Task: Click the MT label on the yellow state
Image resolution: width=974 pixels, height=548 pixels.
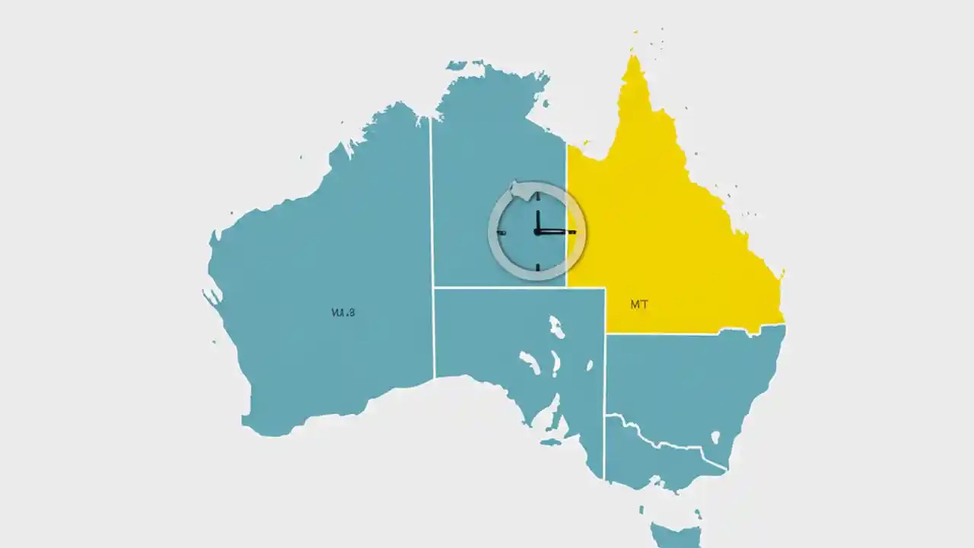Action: pyautogui.click(x=639, y=304)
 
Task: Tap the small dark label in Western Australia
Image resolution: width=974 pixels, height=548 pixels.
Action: pyautogui.click(x=343, y=312)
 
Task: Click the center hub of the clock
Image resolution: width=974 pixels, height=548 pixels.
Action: pyautogui.click(x=537, y=231)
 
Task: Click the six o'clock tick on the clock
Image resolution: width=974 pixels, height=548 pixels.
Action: pyautogui.click(x=537, y=267)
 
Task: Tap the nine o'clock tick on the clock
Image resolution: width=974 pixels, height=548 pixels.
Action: pyautogui.click(x=501, y=231)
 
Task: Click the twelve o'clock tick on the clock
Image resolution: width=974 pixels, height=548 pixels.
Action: pyautogui.click(x=537, y=196)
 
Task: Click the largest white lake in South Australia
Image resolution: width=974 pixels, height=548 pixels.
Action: pyautogui.click(x=557, y=327)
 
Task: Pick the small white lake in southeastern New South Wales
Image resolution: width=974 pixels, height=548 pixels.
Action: pyautogui.click(x=715, y=437)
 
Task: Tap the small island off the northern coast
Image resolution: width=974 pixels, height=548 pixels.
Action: pyautogui.click(x=457, y=65)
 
